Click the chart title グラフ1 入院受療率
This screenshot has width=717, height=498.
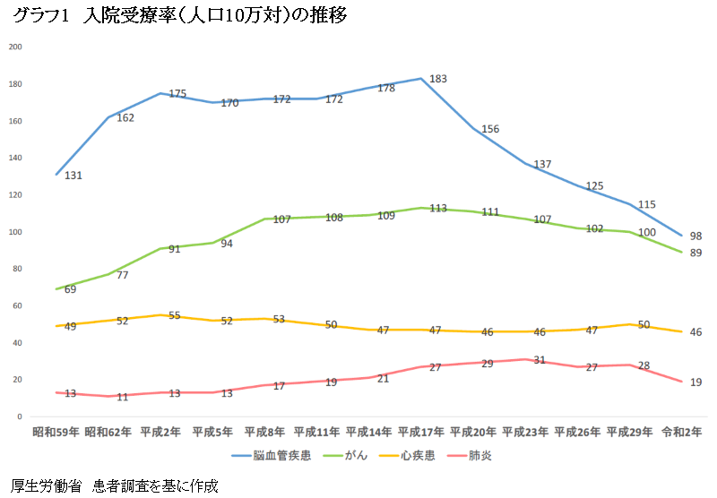[179, 16]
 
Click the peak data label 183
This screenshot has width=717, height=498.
[438, 79]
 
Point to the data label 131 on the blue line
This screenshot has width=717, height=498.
[73, 176]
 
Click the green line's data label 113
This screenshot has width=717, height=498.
[438, 209]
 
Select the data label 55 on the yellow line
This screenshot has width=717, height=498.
[176, 316]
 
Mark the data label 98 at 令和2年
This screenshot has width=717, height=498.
[695, 236]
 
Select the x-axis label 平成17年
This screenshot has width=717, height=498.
[421, 432]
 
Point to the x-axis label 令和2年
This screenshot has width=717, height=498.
[683, 432]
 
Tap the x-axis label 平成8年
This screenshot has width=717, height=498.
[264, 432]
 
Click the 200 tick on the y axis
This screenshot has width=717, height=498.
[14, 47]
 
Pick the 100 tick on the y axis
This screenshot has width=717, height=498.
[14, 232]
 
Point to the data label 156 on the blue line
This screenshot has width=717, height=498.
[490, 130]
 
